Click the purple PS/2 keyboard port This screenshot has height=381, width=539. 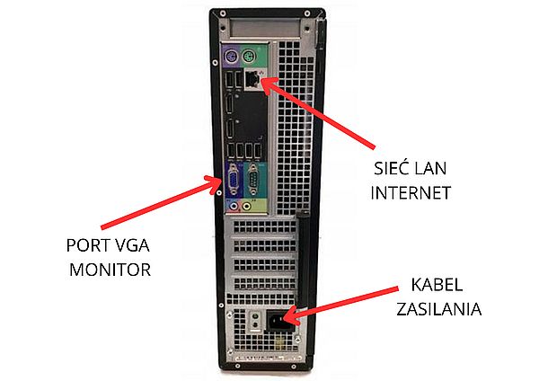(x=232, y=60)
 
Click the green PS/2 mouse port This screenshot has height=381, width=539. (x=254, y=60)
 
